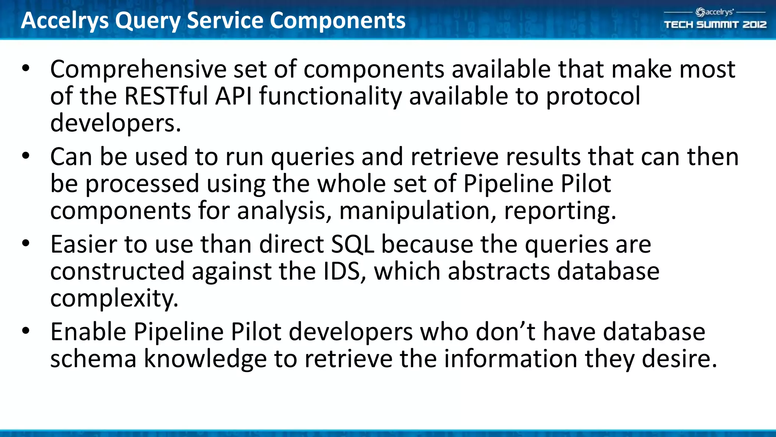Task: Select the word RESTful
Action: coord(166,96)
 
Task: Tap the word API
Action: coord(233,96)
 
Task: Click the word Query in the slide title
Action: coord(147,21)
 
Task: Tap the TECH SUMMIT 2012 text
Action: coord(715,25)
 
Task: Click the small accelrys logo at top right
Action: coord(715,12)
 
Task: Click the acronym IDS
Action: coord(342,272)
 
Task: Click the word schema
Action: coord(93,359)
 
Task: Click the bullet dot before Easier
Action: coord(26,243)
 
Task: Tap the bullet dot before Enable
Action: coord(26,331)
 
